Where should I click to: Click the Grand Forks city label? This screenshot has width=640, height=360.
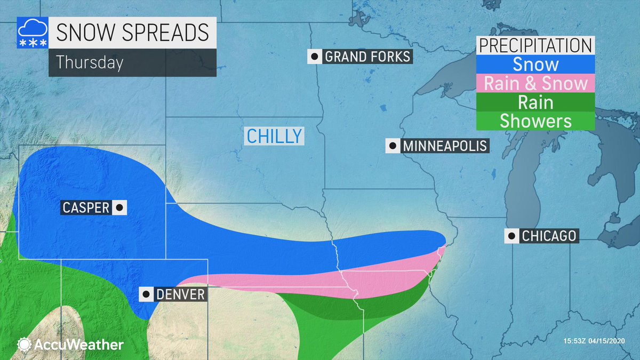tap(367, 57)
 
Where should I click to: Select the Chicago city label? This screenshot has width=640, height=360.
tap(549, 235)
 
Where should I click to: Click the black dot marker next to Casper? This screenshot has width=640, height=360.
tap(119, 207)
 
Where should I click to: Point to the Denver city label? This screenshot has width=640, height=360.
tap(180, 294)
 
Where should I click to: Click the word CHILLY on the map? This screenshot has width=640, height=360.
tap(274, 135)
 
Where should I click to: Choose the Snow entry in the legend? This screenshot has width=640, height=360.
tap(535, 65)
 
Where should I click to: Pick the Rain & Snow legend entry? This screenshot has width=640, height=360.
tap(535, 83)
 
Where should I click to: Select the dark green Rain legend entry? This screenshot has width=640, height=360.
tap(535, 102)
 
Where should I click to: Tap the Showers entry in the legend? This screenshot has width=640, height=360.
tap(535, 121)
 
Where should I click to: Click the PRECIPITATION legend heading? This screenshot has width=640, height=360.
tap(535, 45)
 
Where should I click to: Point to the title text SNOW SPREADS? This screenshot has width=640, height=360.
tap(132, 33)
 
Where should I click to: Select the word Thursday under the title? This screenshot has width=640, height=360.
tap(90, 62)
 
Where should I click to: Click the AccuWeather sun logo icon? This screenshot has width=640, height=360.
tap(23, 345)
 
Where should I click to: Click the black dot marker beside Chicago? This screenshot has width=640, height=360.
tap(513, 235)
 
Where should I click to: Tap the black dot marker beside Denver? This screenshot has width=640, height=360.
tap(146, 294)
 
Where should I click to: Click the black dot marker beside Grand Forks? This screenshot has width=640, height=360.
tap(315, 57)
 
